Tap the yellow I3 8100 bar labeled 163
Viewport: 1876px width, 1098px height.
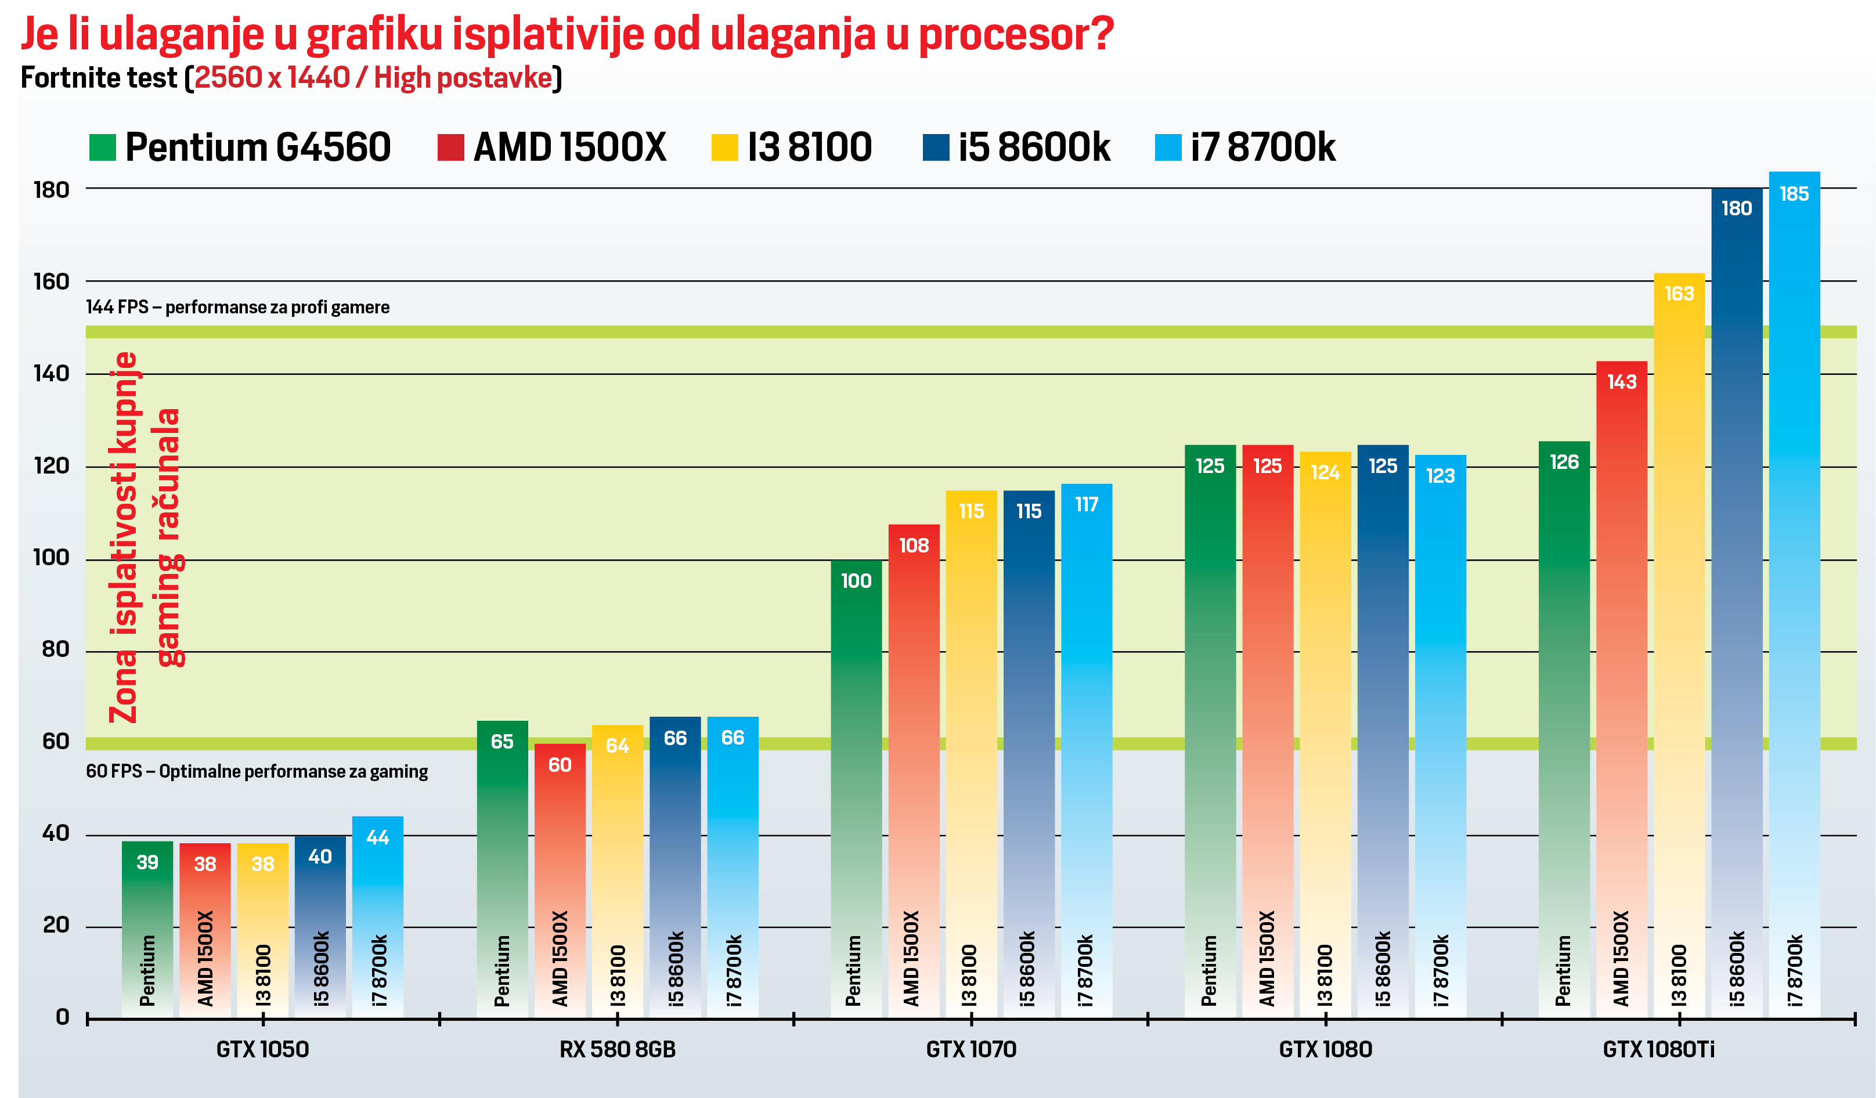(1679, 633)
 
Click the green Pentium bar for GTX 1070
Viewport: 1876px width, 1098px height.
(856, 782)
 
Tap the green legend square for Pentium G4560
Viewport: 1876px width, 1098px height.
(103, 147)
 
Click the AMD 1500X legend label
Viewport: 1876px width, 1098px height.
(569, 147)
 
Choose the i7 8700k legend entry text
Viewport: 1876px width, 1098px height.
(1262, 147)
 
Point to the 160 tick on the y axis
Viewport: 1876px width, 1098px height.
(51, 281)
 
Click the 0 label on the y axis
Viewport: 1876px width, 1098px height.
(63, 1017)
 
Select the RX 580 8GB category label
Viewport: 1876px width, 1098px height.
(617, 1050)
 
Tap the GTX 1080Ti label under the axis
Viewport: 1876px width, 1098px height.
(1658, 1050)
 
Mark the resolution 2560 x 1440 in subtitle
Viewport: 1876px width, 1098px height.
(272, 77)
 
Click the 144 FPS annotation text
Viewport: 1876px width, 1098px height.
(237, 308)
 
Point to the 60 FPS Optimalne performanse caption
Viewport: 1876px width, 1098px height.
(257, 771)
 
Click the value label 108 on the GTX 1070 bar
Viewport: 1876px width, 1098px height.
(914, 546)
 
